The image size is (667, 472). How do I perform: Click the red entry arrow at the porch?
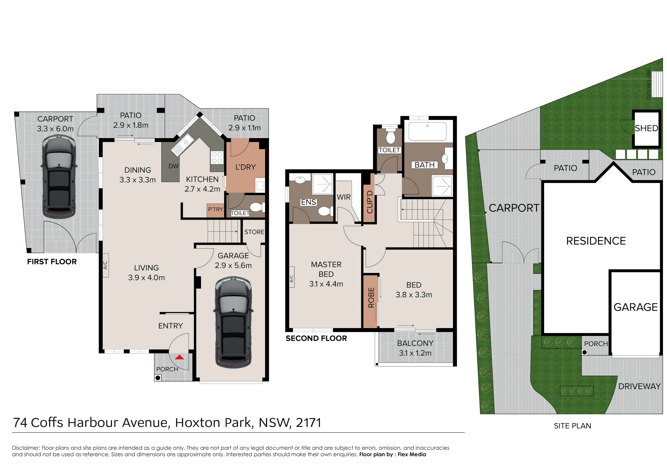click(180, 357)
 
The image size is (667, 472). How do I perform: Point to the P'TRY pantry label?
click(216, 209)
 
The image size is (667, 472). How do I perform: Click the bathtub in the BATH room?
click(427, 132)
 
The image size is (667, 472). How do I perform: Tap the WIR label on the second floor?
click(344, 197)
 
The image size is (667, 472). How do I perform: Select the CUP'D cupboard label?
click(370, 202)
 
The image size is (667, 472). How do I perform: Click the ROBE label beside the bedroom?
click(371, 298)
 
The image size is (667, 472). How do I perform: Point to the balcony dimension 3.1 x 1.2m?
click(415, 353)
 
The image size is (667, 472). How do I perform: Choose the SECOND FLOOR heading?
click(316, 338)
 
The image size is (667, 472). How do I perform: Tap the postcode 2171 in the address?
click(309, 423)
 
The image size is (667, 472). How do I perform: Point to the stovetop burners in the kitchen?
click(217, 158)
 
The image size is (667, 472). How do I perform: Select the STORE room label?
click(254, 232)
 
